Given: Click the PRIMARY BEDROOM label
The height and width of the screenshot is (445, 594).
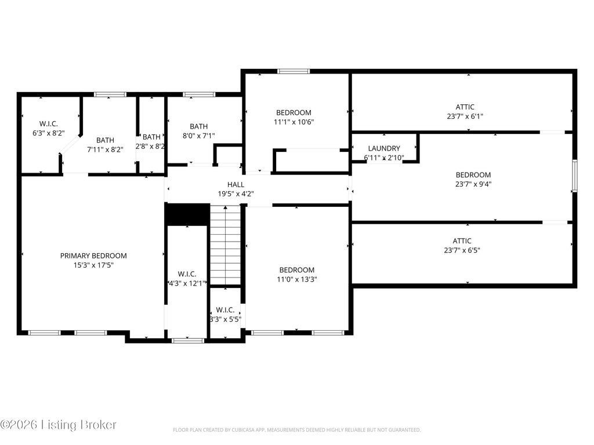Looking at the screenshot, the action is pyautogui.click(x=93, y=256).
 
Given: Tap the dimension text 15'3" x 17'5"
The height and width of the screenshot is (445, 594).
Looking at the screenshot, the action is pyautogui.click(x=93, y=265).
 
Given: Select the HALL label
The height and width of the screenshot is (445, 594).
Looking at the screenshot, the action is pyautogui.click(x=236, y=185).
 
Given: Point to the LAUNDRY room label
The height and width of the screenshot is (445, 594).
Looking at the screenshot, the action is pyautogui.click(x=384, y=148).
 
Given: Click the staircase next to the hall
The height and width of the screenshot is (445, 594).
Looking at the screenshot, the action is pyautogui.click(x=226, y=245).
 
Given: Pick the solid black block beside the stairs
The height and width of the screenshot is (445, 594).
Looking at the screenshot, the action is pyautogui.click(x=187, y=214).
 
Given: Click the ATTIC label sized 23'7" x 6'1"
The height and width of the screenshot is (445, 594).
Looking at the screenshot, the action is pyautogui.click(x=465, y=107).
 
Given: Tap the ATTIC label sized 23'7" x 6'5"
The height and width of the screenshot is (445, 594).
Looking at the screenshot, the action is pyautogui.click(x=462, y=241).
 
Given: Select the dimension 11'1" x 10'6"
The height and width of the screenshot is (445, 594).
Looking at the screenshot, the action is pyautogui.click(x=294, y=122).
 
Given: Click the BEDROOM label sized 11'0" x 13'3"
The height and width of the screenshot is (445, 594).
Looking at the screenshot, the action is pyautogui.click(x=297, y=270).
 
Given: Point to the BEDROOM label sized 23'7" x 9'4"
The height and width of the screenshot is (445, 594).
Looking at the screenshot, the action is pyautogui.click(x=473, y=175).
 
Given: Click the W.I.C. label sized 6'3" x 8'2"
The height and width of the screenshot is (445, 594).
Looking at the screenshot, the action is pyautogui.click(x=49, y=124).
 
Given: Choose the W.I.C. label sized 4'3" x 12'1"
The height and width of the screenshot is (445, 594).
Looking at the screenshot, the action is pyautogui.click(x=187, y=274).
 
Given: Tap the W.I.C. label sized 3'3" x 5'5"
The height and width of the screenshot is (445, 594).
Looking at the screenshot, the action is pyautogui.click(x=226, y=310).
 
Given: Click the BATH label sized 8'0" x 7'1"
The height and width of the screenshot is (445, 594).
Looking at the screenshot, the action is pyautogui.click(x=199, y=126).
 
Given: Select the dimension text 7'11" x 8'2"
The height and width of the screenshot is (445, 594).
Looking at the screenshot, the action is pyautogui.click(x=106, y=149).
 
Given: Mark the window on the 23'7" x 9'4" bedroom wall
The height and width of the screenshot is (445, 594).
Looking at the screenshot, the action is pyautogui.click(x=575, y=176).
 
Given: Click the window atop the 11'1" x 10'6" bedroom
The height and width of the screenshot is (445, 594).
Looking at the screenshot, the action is pyautogui.click(x=294, y=71).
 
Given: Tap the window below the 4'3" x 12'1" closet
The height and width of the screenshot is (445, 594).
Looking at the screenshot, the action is pyautogui.click(x=188, y=341).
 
